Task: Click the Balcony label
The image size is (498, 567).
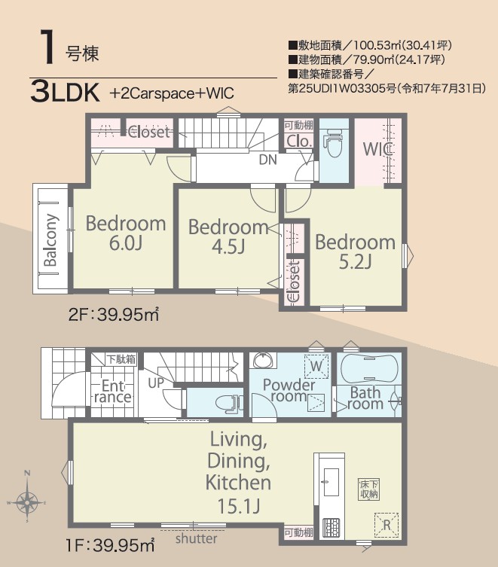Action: (x=50, y=239)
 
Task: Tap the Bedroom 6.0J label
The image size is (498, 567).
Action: (x=126, y=233)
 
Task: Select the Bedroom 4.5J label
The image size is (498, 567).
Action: (x=228, y=236)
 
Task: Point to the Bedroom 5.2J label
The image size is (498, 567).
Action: (x=355, y=251)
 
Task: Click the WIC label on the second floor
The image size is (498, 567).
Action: (x=378, y=149)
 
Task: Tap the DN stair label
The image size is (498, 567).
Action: (x=267, y=160)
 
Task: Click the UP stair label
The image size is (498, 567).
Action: (x=156, y=383)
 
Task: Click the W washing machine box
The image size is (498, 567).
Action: (x=316, y=366)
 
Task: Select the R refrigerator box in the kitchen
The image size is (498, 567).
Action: (x=386, y=525)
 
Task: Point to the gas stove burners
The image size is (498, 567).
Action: (x=331, y=528)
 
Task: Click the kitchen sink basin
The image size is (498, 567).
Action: (x=331, y=482)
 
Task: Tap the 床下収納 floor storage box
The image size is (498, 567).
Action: (x=369, y=490)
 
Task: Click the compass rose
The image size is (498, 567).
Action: (x=28, y=502)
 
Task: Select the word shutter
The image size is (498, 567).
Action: (x=196, y=538)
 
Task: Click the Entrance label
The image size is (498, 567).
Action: (x=113, y=392)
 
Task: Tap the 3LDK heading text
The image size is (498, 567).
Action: (x=65, y=92)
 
